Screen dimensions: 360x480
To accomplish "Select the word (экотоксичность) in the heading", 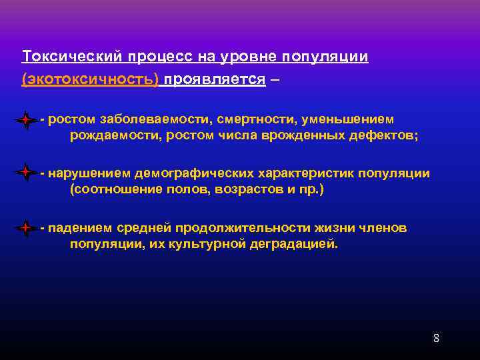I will click(x=90, y=80).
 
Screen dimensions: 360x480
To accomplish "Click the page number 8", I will click(x=436, y=337).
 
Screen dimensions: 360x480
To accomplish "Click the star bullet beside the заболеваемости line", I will click(x=25, y=120).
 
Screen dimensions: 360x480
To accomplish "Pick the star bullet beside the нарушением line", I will click(x=25, y=173).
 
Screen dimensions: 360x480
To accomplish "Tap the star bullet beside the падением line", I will click(x=25, y=228).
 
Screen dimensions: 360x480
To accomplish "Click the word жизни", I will click(x=325, y=228).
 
